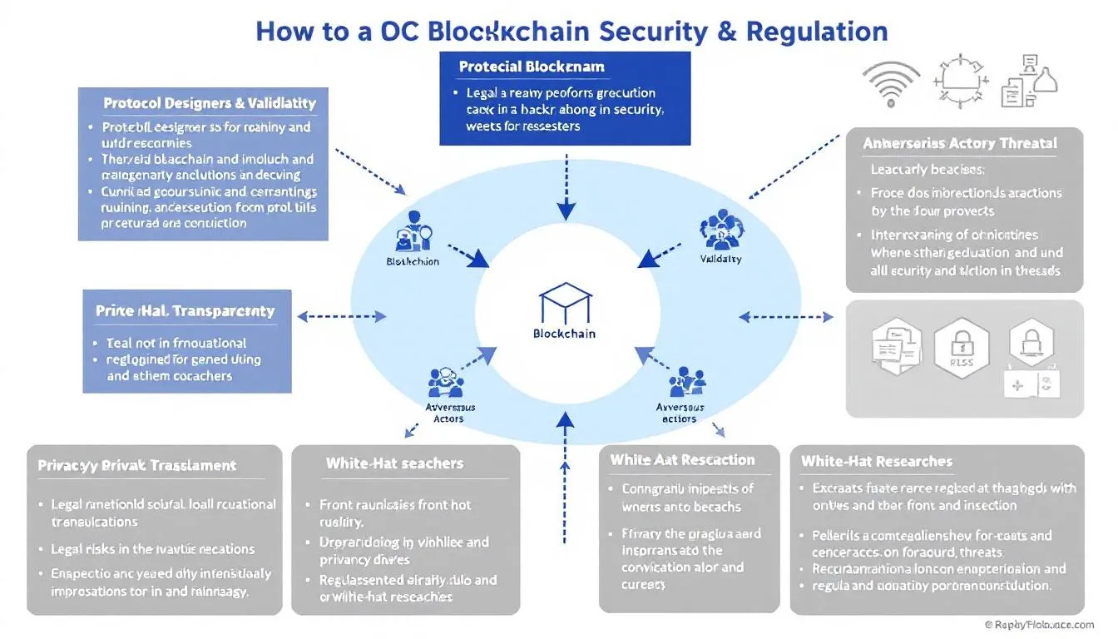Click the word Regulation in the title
[817, 31]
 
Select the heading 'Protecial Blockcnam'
[532, 67]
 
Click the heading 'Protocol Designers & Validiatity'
[210, 103]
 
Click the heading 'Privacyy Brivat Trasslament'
[137, 466]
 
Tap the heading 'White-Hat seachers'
[394, 463]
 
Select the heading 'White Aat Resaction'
[682, 460]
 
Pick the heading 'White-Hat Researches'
[877, 461]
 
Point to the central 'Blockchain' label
[564, 334]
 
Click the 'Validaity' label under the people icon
[721, 259]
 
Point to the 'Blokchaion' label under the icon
[413, 261]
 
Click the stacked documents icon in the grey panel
[892, 346]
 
